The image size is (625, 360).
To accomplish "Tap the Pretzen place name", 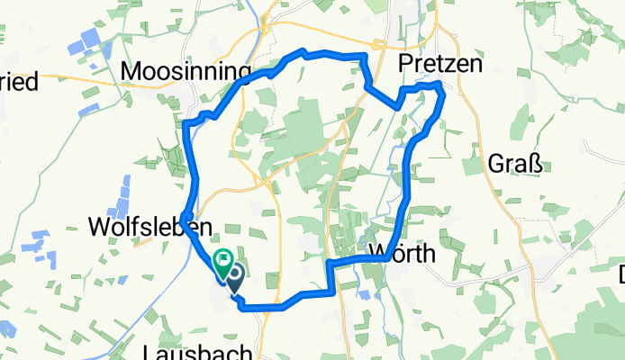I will coord(439,65).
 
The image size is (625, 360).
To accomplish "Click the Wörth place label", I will coord(403,255).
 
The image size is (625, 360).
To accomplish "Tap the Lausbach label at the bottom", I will coord(196,351).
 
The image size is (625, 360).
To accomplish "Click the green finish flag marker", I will coord(221,260).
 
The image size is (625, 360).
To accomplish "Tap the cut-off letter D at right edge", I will coord(620,274).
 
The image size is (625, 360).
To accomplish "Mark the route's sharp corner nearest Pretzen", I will coord(439,84).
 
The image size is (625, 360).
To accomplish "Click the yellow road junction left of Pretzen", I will coord(378,43).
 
